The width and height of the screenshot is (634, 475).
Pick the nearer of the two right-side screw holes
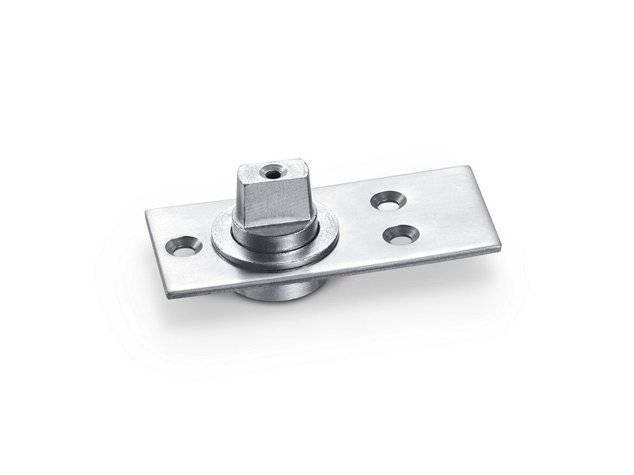click(401, 234)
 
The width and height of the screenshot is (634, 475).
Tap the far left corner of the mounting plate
click(147, 211)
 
